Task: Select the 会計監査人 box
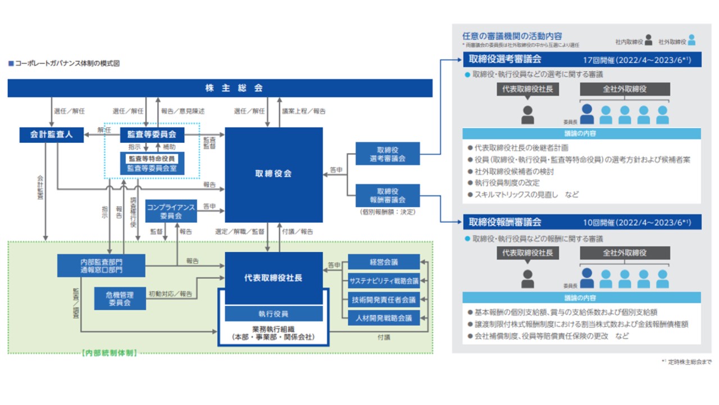point(51,135)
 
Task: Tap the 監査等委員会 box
point(152,135)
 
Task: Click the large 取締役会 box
point(274,174)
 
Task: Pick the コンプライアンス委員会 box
point(171,211)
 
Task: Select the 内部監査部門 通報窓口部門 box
point(101,265)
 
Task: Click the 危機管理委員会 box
point(119,298)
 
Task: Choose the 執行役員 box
point(274,313)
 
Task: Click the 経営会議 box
point(384,262)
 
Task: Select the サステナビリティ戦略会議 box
point(384,280)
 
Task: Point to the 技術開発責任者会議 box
point(384,299)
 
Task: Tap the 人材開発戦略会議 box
point(384,318)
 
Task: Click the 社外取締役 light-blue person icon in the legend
point(691,40)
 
